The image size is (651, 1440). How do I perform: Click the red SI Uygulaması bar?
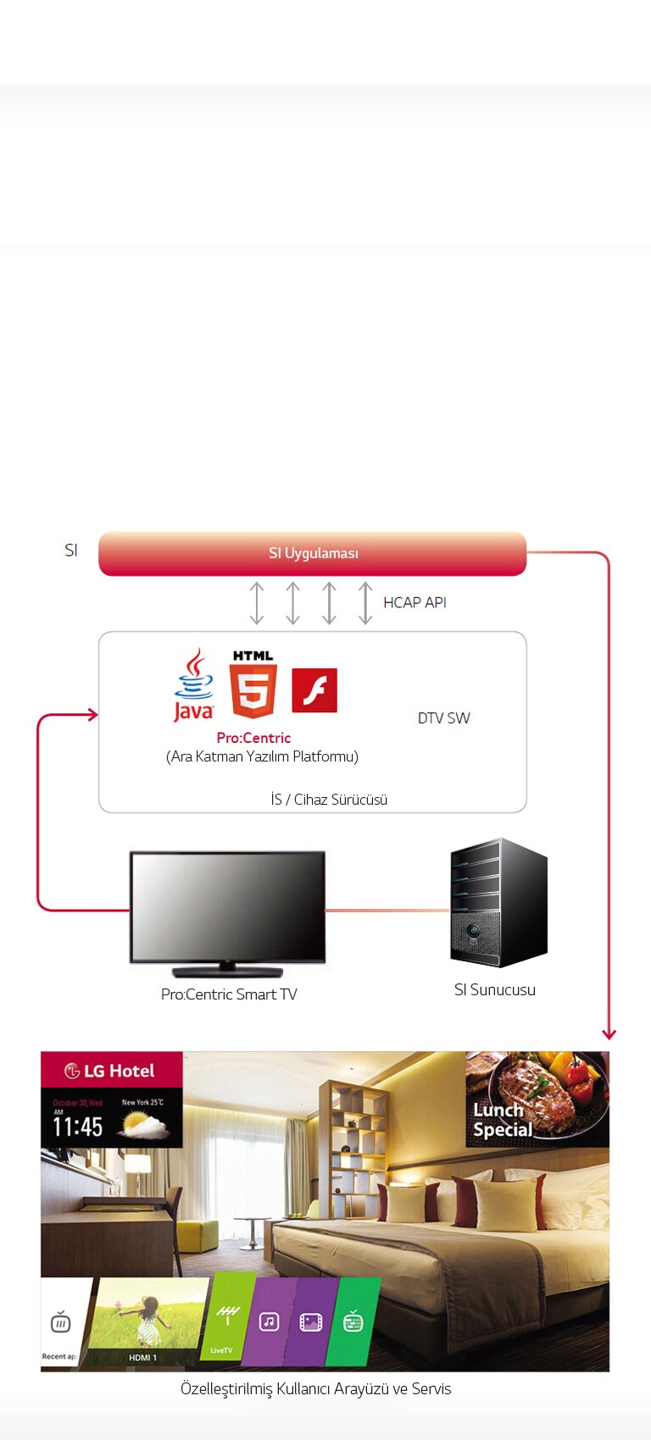pyautogui.click(x=312, y=554)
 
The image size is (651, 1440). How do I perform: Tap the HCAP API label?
pyautogui.click(x=415, y=602)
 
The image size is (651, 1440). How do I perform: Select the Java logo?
pyautogui.click(x=193, y=685)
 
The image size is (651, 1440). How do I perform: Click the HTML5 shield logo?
pyautogui.click(x=253, y=685)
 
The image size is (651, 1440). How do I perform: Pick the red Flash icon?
pyautogui.click(x=314, y=690)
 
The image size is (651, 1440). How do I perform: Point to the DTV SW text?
pyautogui.click(x=443, y=718)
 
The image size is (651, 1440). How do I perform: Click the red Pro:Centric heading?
pyautogui.click(x=253, y=738)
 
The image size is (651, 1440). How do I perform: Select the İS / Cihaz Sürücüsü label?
pyautogui.click(x=329, y=800)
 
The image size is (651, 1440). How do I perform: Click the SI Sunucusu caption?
pyautogui.click(x=495, y=990)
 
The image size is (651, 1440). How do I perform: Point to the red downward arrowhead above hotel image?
pyautogui.click(x=609, y=1034)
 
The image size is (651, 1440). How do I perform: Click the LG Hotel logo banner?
pyautogui.click(x=111, y=1071)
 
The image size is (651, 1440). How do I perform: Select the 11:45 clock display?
pyautogui.click(x=78, y=1127)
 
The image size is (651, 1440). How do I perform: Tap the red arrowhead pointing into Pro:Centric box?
pyautogui.click(x=92, y=715)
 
